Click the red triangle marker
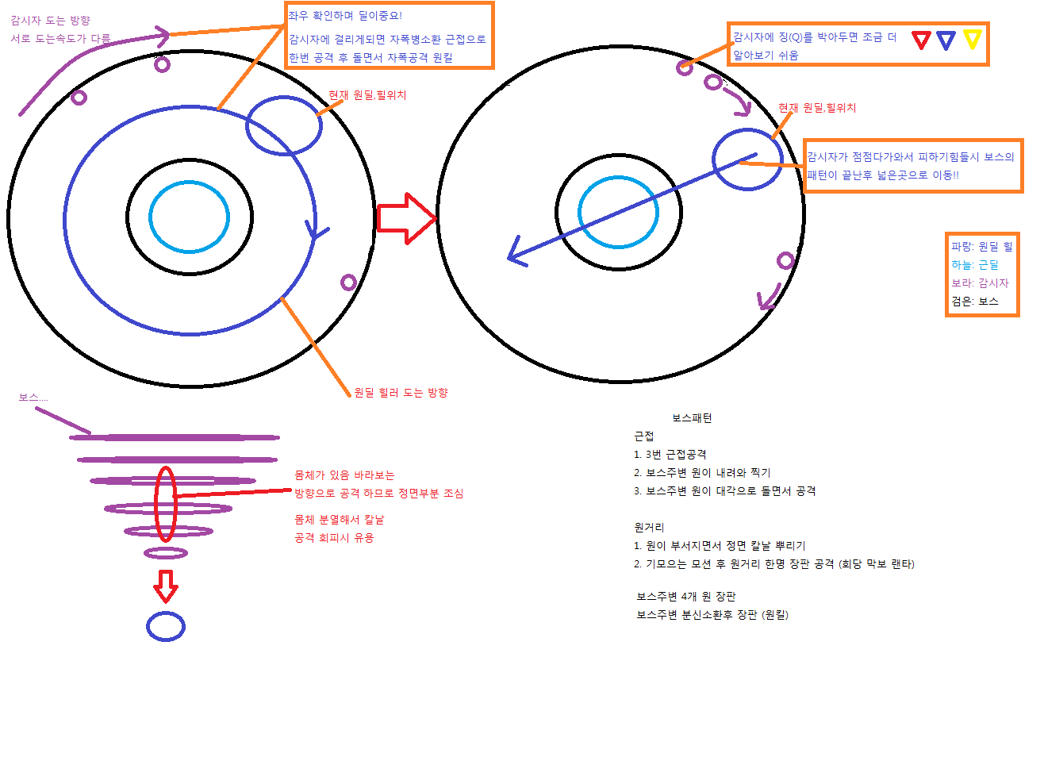[920, 40]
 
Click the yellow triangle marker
[973, 39]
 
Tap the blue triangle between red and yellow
[946, 40]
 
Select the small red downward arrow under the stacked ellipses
[165, 586]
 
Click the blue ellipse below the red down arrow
[166, 627]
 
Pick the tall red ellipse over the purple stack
[165, 504]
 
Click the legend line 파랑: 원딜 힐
[981, 247]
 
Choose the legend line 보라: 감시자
[980, 283]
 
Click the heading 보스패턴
[692, 418]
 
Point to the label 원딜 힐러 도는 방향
[401, 393]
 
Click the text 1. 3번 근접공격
[670, 455]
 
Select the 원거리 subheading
[649, 528]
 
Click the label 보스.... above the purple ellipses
[33, 398]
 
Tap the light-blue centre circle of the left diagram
[190, 217]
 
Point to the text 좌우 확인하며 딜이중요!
[345, 16]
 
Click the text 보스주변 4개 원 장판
[685, 597]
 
